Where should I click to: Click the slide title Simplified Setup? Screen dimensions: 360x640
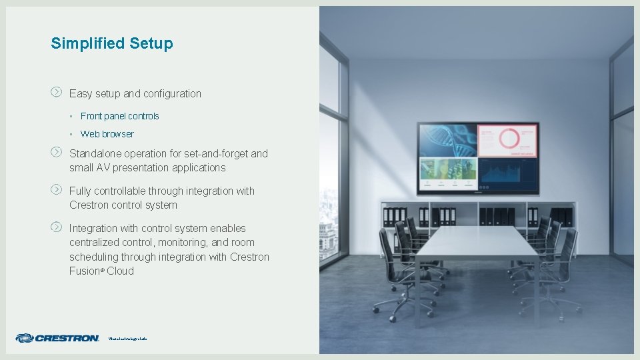click(111, 44)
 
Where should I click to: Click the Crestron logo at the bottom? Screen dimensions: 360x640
click(57, 338)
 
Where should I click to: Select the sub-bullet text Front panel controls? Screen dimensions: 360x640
click(119, 116)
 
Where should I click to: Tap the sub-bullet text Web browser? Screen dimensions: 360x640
click(107, 134)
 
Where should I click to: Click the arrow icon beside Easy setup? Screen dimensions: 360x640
click(57, 91)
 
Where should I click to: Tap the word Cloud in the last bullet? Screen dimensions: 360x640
click(120, 271)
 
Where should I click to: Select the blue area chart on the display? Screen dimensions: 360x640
click(507, 175)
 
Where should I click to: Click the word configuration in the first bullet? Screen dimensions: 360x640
click(172, 94)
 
